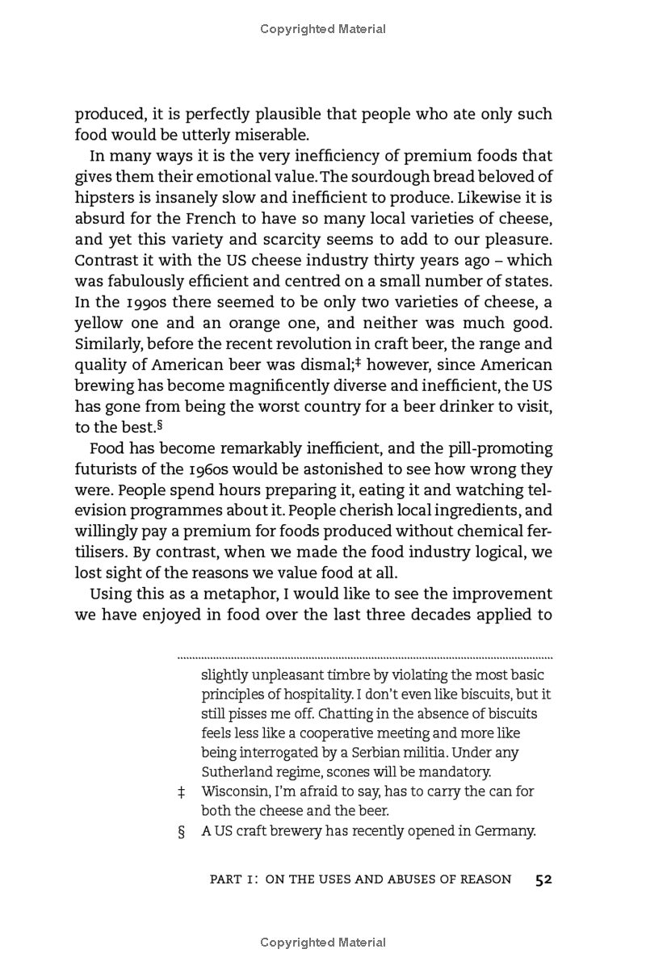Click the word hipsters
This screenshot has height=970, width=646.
(106, 197)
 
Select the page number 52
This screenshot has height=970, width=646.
(543, 880)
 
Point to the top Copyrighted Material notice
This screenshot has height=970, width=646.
(323, 29)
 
